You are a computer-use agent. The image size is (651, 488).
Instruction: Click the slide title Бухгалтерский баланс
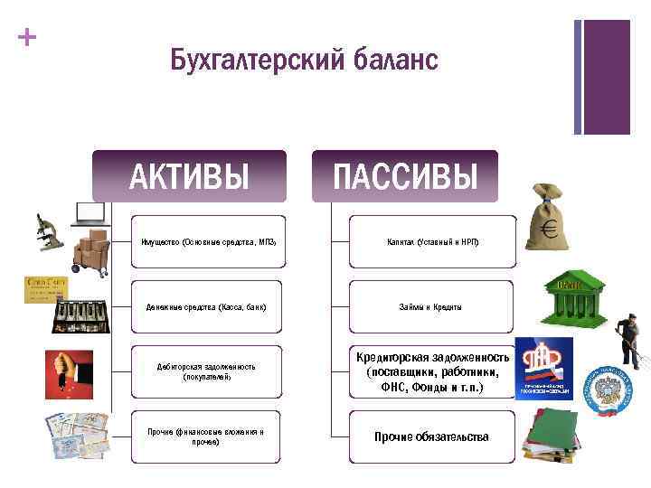(x=304, y=61)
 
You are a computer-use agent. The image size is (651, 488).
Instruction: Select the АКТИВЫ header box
(x=189, y=176)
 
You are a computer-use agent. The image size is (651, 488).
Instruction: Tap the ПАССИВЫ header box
(x=405, y=176)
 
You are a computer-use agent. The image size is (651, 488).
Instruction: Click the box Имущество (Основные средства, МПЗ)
(x=208, y=242)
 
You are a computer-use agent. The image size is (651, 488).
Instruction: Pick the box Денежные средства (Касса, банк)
(x=206, y=307)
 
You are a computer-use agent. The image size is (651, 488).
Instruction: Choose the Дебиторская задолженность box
(x=206, y=371)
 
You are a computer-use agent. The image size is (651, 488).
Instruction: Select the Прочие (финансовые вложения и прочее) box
(x=206, y=436)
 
